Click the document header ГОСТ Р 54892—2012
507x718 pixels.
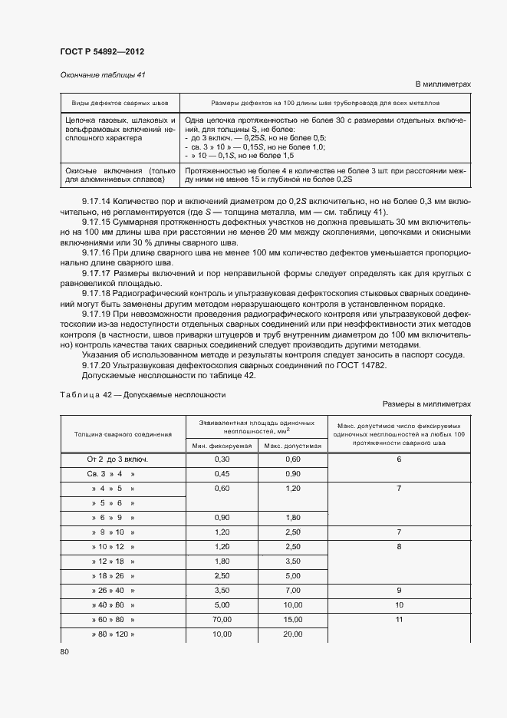(102, 51)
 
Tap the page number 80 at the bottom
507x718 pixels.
(64, 651)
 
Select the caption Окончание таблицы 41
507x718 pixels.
(102, 74)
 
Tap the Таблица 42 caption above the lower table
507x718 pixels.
(143, 394)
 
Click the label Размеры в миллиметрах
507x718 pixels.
(426, 403)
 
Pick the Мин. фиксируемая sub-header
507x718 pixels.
(222, 446)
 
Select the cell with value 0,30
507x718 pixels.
(222, 459)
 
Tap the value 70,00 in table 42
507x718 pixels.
(222, 619)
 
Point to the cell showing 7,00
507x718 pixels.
(292, 590)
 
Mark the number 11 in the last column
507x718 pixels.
(399, 619)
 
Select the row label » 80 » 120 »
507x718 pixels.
(113, 634)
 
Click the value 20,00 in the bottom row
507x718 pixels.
(292, 634)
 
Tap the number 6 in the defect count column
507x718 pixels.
(399, 459)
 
